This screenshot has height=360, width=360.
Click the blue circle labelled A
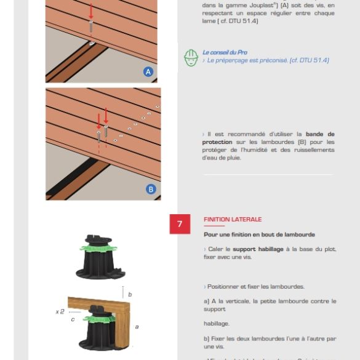[x=148, y=72]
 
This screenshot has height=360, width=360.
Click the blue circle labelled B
[x=151, y=189]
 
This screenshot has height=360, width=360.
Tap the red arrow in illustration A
[x=92, y=11]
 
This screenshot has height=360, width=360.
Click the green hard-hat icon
[x=191, y=57]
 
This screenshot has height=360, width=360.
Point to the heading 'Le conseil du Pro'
[x=225, y=52]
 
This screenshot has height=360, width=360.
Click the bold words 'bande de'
[x=320, y=134]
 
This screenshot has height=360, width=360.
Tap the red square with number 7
[x=180, y=224]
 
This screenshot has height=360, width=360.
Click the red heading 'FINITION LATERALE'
[x=233, y=219]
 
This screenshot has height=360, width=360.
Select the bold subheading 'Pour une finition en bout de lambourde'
[x=259, y=234]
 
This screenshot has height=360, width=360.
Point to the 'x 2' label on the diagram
[x=60, y=312]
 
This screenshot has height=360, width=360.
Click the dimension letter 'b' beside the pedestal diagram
[x=130, y=295]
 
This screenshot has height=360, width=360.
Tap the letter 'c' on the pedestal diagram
[x=73, y=319]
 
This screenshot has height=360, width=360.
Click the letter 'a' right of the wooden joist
[x=137, y=327]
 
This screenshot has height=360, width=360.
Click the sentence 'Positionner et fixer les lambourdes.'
[x=255, y=287]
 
